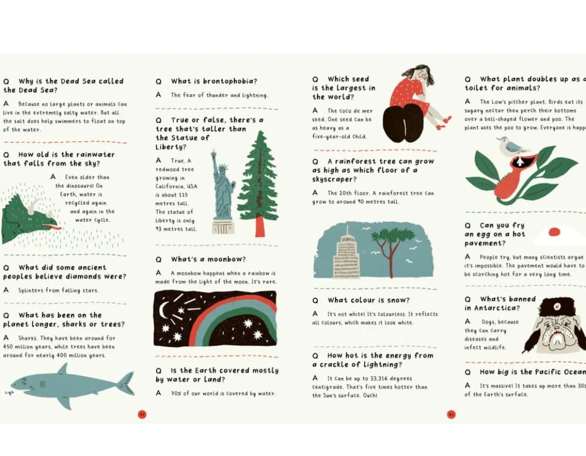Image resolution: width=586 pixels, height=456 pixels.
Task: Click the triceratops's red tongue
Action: [x=53, y=226]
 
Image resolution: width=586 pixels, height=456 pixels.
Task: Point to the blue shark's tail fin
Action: [x=125, y=383]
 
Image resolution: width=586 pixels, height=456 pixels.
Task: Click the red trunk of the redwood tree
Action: [x=260, y=226]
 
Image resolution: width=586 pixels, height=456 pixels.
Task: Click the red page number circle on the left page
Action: [x=142, y=414]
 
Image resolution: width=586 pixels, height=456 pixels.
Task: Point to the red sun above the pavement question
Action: [x=554, y=232]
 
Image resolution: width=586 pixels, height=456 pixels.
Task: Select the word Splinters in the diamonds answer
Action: [x=31, y=290]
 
